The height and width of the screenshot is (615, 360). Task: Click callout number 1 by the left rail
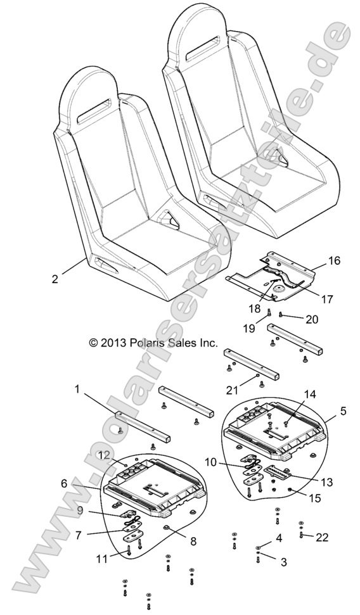[77, 391]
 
